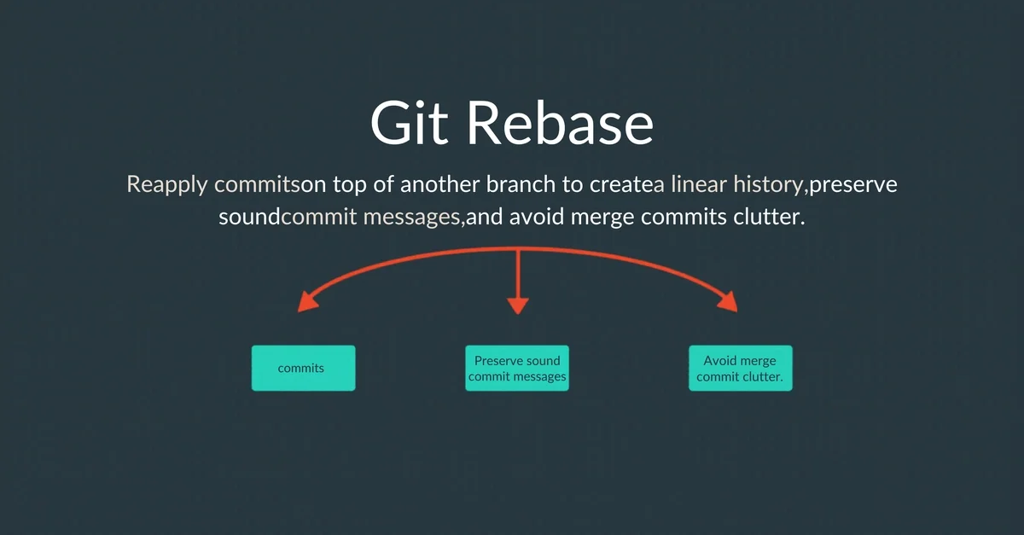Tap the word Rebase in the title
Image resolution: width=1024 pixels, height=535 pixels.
[x=561, y=124]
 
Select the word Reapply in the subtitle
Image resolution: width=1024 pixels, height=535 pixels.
[x=167, y=184]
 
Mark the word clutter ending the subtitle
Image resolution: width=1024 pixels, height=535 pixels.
[x=767, y=218]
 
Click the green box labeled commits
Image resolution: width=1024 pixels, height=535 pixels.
[x=303, y=368]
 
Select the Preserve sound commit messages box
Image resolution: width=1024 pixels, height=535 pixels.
[x=517, y=368]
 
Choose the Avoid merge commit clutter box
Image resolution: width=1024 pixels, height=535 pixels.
[x=740, y=368]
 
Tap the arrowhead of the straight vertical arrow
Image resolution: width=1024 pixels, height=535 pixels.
[x=518, y=305]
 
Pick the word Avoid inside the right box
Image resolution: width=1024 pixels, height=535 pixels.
[x=719, y=360]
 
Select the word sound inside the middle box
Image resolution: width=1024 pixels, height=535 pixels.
[x=544, y=360]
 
